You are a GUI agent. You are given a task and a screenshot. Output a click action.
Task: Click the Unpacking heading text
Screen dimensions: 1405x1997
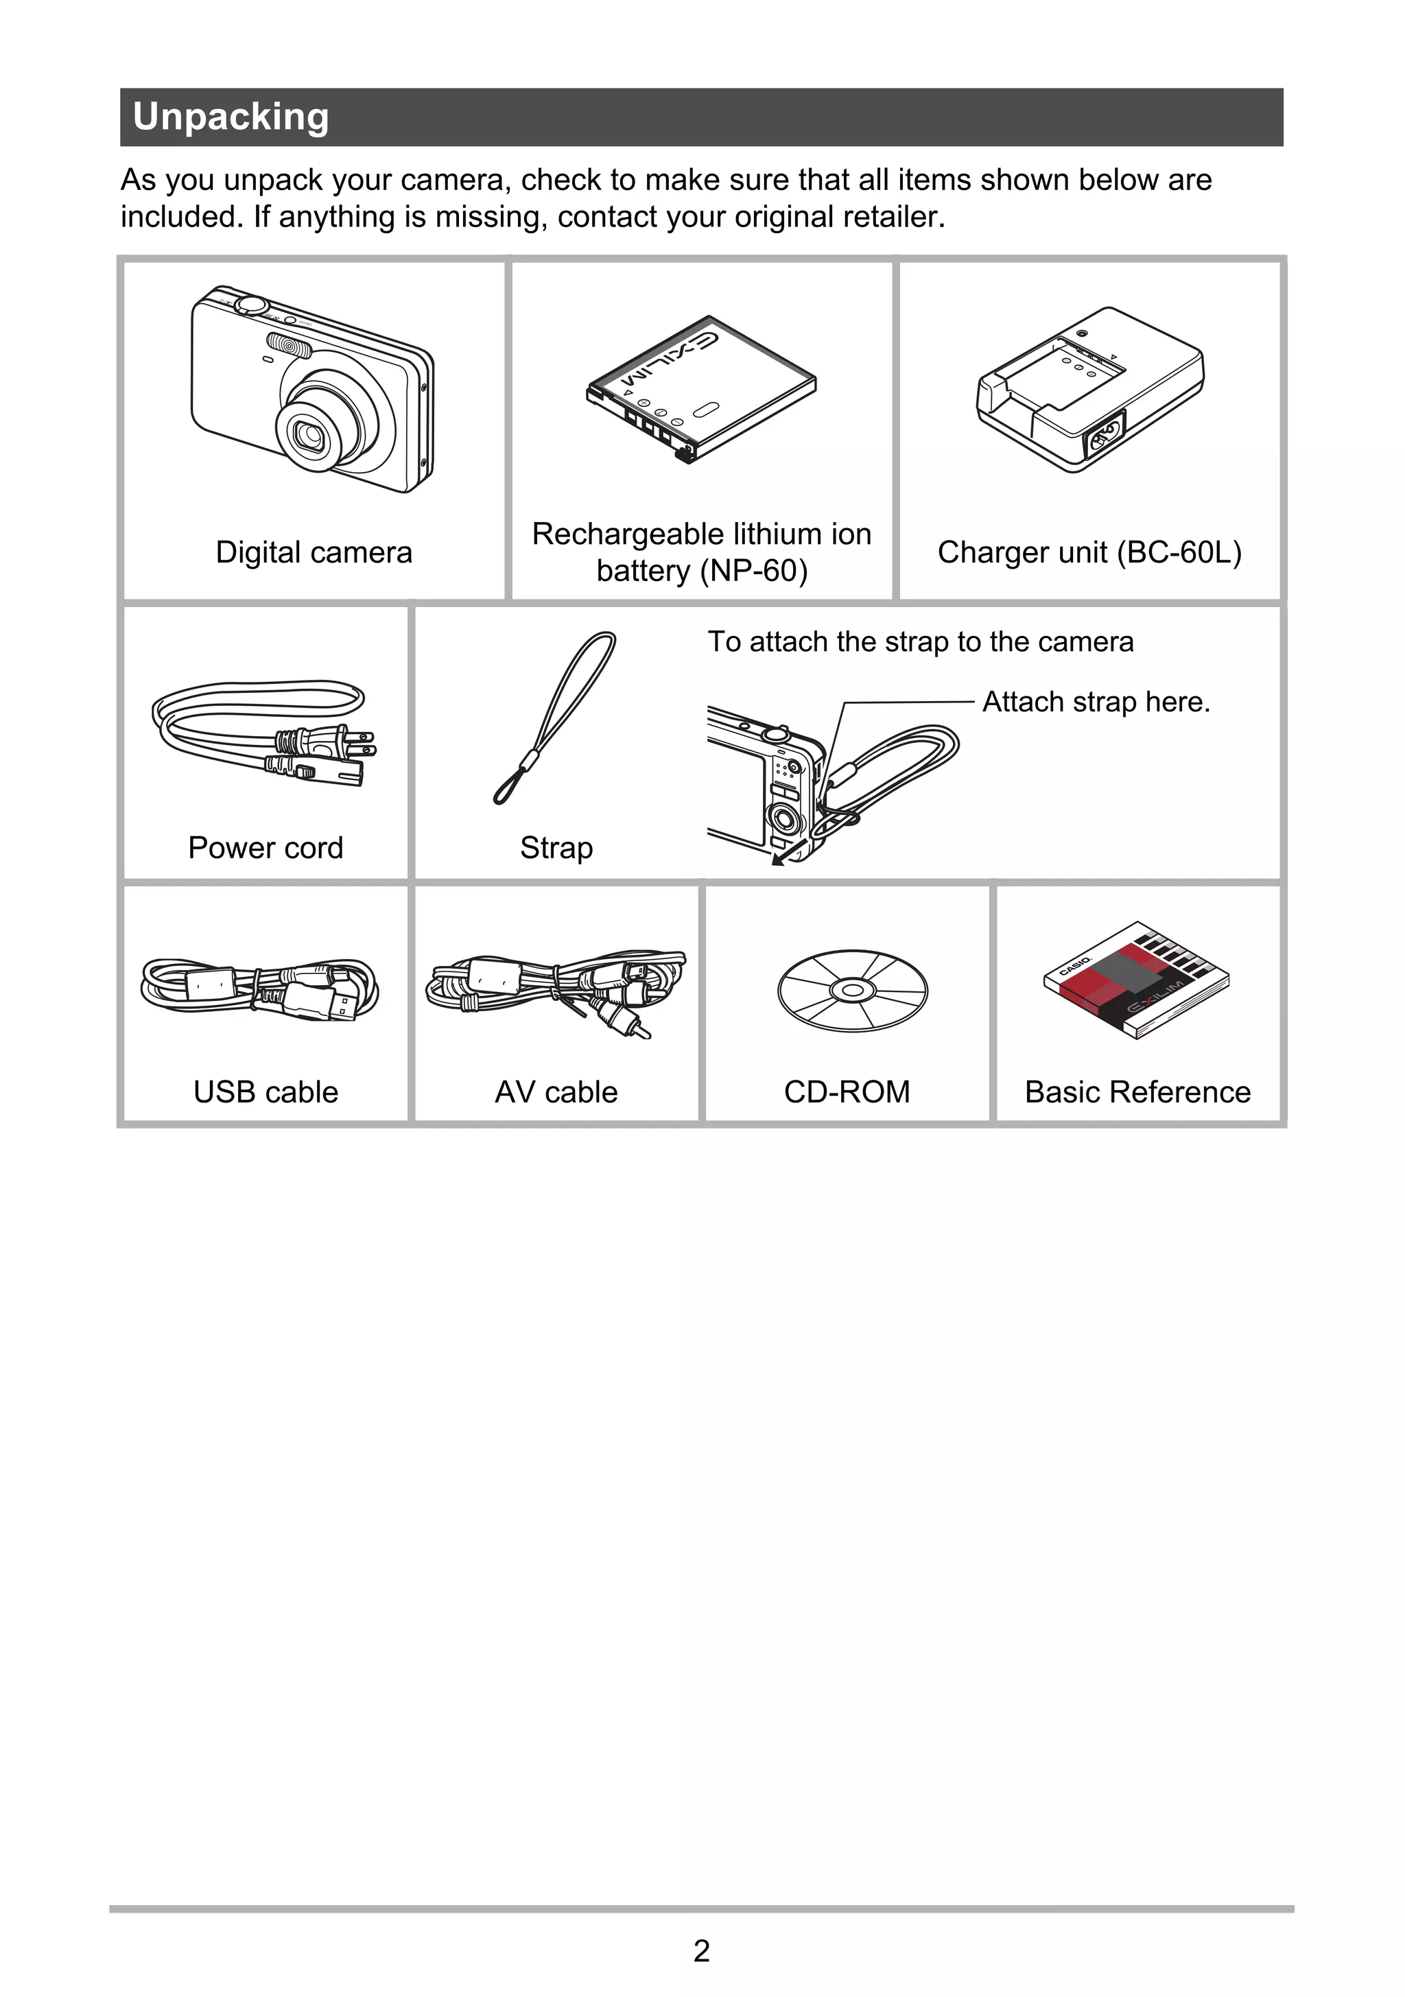(x=231, y=117)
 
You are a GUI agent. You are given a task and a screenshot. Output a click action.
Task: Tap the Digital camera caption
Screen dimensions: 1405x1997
(x=314, y=552)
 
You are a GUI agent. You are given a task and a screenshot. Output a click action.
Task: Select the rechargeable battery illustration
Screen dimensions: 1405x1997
(x=701, y=389)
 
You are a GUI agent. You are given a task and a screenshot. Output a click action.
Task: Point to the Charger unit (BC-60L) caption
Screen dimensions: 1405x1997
(x=1089, y=552)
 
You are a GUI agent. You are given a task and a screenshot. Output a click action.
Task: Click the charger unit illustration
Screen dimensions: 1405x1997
(x=1090, y=390)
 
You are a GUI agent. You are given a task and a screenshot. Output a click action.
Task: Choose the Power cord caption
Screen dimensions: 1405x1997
(x=265, y=848)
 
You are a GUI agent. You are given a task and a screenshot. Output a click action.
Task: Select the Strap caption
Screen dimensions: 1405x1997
(x=557, y=848)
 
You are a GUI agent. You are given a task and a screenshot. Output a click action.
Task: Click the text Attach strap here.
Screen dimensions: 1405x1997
(x=1096, y=702)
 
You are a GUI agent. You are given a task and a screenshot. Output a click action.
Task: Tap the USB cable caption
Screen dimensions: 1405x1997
(x=265, y=1092)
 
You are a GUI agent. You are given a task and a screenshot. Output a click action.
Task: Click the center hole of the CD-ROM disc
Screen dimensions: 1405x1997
(x=853, y=991)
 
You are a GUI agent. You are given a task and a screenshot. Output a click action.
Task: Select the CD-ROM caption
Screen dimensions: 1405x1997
(x=847, y=1092)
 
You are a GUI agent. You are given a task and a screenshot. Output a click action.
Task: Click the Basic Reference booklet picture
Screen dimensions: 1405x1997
(x=1136, y=980)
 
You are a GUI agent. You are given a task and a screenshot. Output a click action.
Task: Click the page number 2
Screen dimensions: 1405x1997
(x=702, y=1951)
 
